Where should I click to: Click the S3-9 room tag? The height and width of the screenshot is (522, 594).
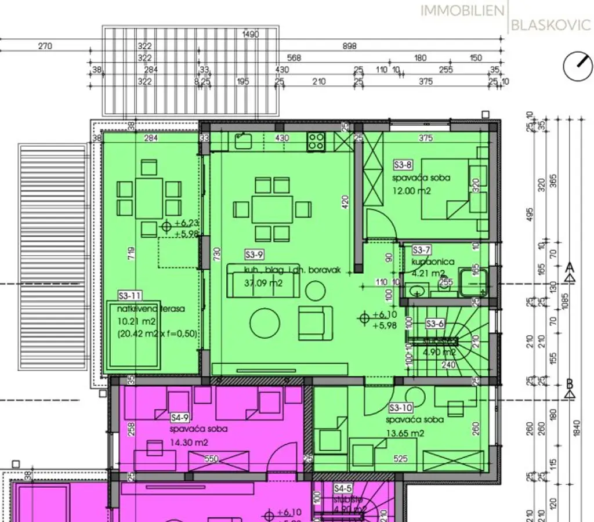click(x=254, y=254)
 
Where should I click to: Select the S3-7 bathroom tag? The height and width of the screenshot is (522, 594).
click(x=421, y=250)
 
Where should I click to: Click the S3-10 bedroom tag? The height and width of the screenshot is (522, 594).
click(x=400, y=407)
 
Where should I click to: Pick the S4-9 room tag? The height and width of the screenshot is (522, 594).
click(x=179, y=417)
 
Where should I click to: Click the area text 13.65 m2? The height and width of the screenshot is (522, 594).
click(x=405, y=433)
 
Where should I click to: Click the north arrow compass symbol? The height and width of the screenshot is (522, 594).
click(x=575, y=66)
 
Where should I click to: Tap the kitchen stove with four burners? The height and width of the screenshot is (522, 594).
click(x=316, y=141)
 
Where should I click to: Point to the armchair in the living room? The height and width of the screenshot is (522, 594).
click(x=315, y=322)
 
